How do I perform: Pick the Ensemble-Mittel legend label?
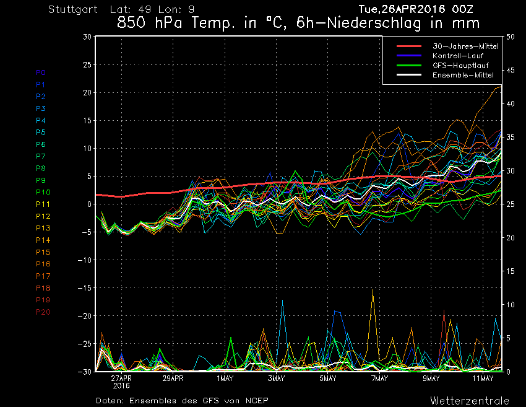pos(462,75)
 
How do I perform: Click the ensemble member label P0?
pos(41,72)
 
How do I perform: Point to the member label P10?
pos(43,192)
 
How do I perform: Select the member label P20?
pos(43,312)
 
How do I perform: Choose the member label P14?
pos(43,240)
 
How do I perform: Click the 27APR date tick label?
pos(121,379)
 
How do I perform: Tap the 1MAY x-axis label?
pos(225,379)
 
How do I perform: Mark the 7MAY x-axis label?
pos(379,379)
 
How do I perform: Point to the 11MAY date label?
pos(483,379)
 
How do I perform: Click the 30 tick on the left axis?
pos(87,37)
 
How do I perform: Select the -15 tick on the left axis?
pos(85,288)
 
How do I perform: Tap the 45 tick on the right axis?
pos(510,70)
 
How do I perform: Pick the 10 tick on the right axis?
pos(510,305)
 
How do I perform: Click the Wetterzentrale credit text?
pos(470,400)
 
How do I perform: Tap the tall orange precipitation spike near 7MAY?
pos(373,291)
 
